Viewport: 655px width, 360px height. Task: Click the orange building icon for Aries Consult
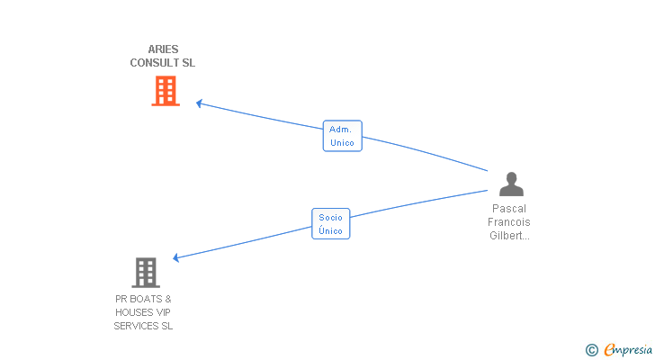pyautogui.click(x=166, y=91)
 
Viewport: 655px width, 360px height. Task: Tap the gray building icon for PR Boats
pyautogui.click(x=145, y=272)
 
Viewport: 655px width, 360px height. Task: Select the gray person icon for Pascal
pyautogui.click(x=511, y=184)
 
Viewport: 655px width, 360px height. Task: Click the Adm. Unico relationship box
pyautogui.click(x=342, y=136)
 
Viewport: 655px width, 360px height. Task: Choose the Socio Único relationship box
pyautogui.click(x=330, y=223)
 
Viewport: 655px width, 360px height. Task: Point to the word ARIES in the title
pyautogui.click(x=163, y=49)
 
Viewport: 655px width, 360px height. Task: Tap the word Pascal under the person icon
pyautogui.click(x=509, y=209)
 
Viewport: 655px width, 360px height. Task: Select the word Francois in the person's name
pyautogui.click(x=509, y=222)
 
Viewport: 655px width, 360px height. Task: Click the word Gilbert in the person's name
pyautogui.click(x=507, y=236)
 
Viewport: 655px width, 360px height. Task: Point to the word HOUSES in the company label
pyautogui.click(x=133, y=312)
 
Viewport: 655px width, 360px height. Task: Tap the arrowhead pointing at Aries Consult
pyautogui.click(x=200, y=103)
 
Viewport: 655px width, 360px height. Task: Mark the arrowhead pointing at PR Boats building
pyautogui.click(x=176, y=258)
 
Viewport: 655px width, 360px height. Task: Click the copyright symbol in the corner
pyautogui.click(x=591, y=350)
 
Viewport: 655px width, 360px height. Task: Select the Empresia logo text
pyautogui.click(x=629, y=350)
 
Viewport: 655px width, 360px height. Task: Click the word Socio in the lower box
pyautogui.click(x=330, y=218)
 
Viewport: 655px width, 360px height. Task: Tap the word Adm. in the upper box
pyautogui.click(x=340, y=130)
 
